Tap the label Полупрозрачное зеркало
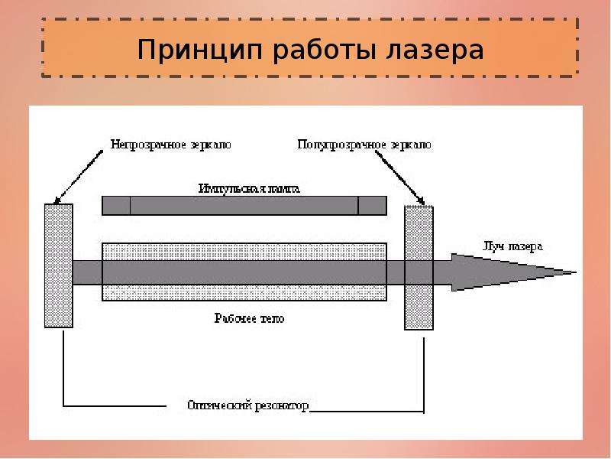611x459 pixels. tap(363, 143)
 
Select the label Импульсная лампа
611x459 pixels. tap(249, 187)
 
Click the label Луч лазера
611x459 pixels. tap(512, 246)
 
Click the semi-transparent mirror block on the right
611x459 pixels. tap(419, 267)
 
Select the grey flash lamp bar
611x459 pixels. tap(244, 206)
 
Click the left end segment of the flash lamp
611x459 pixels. tap(116, 206)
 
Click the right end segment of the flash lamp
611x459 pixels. tap(372, 206)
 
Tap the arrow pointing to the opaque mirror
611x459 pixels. tap(76, 177)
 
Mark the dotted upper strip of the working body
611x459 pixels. tap(244, 251)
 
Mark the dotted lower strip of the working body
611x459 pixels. tap(244, 292)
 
